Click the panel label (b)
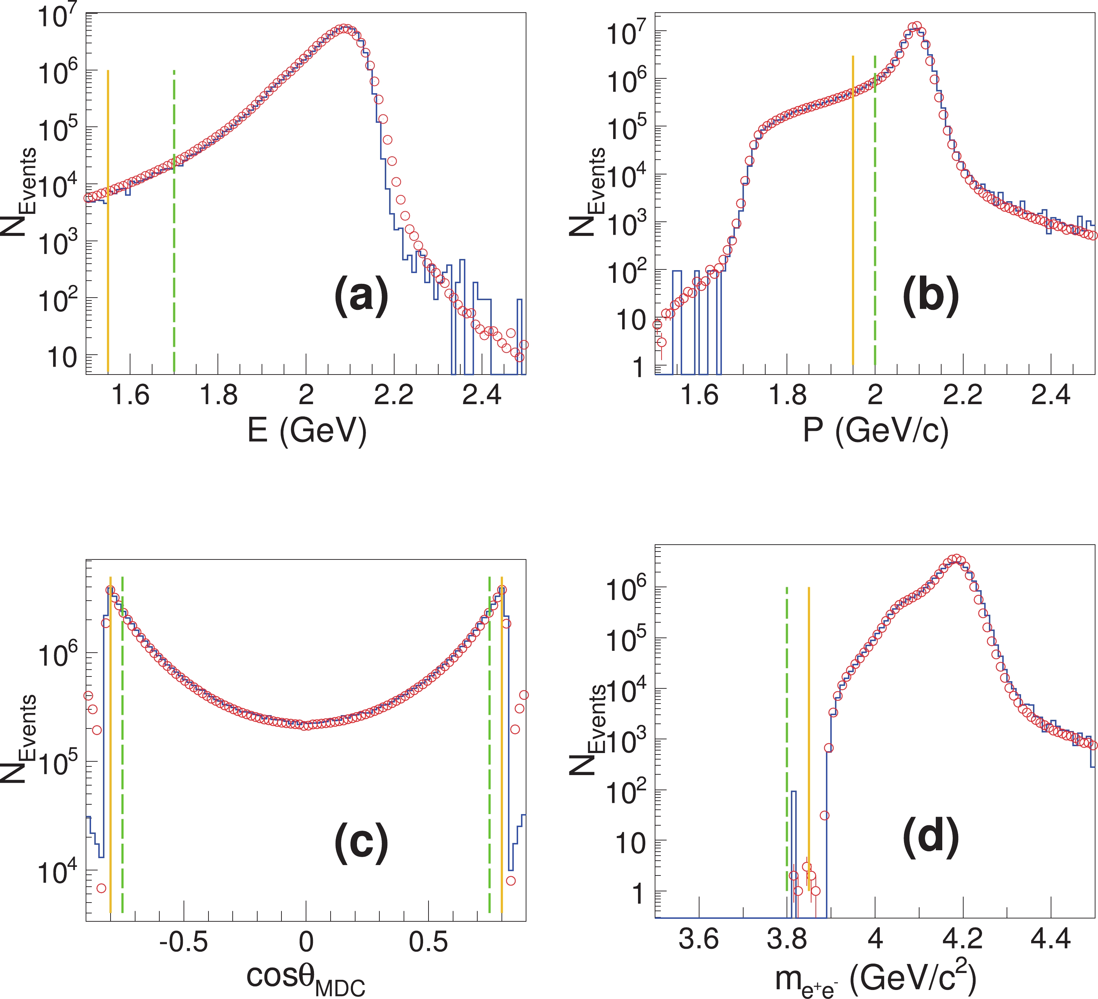point(930,297)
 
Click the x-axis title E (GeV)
point(307,431)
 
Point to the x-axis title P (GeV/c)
point(875,431)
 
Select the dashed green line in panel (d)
point(787,708)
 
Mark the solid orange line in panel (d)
point(809,708)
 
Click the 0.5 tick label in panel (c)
point(428,942)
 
